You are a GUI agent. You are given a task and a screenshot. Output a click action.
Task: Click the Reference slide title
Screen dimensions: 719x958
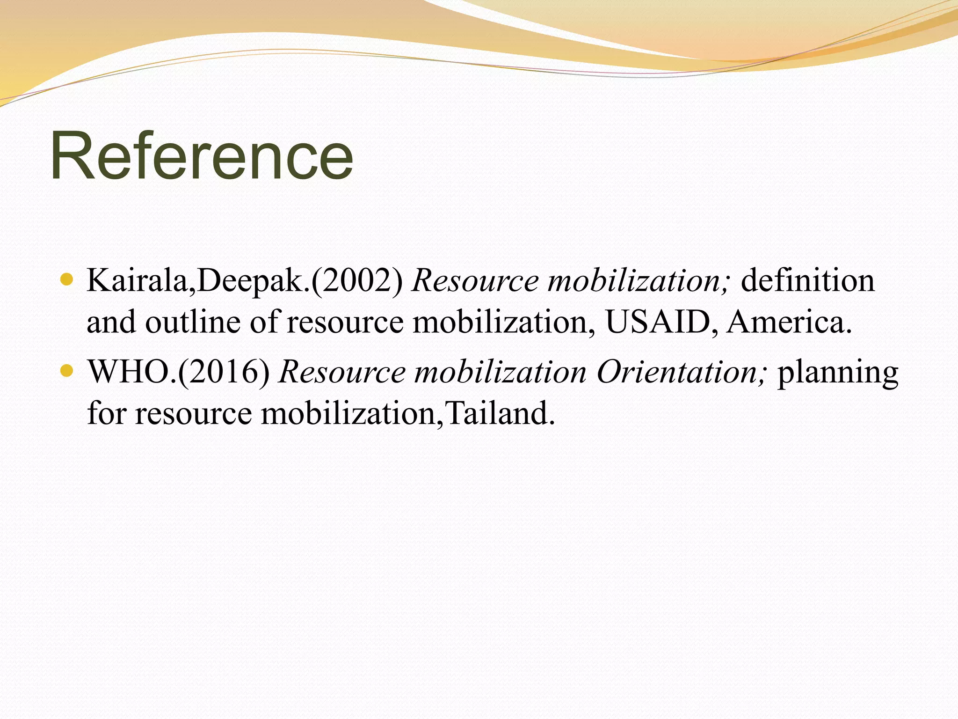pyautogui.click(x=202, y=156)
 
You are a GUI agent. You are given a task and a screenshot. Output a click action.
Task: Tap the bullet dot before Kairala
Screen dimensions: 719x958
pyautogui.click(x=67, y=279)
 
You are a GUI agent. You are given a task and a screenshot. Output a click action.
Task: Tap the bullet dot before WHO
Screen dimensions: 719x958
pyautogui.click(x=67, y=371)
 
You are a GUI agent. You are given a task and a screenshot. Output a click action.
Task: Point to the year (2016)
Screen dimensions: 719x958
pyautogui.click(x=224, y=373)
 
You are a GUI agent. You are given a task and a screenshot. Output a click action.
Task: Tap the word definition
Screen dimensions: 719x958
pyautogui.click(x=808, y=281)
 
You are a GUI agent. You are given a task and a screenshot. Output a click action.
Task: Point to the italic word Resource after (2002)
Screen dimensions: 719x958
pyautogui.click(x=475, y=281)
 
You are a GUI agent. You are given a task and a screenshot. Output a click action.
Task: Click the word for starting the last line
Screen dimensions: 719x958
pyautogui.click(x=107, y=414)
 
